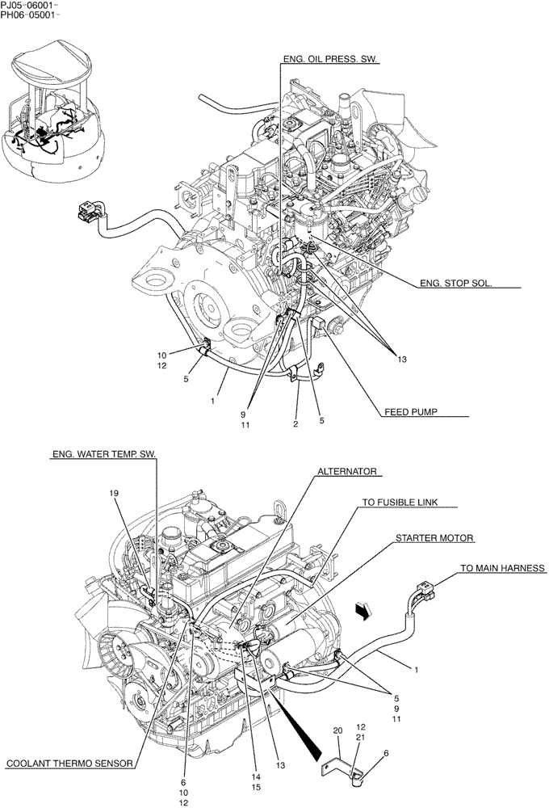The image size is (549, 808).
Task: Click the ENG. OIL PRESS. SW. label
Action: [x=330, y=59]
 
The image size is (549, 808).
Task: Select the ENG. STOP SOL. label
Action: [x=455, y=284]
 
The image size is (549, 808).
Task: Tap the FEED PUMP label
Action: [x=410, y=411]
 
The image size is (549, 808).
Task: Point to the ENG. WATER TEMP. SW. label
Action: [x=104, y=455]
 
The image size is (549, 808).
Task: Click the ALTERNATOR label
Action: [x=347, y=470]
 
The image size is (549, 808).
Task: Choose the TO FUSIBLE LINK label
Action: [x=399, y=502]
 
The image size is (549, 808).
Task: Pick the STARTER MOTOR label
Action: [x=434, y=537]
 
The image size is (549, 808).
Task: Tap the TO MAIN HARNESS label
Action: [x=503, y=568]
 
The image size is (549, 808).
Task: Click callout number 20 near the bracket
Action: [x=338, y=731]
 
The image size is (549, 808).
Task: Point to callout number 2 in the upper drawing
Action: [x=295, y=423]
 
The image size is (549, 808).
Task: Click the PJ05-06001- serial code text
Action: [x=29, y=5]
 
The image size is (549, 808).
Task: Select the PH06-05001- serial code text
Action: [x=29, y=15]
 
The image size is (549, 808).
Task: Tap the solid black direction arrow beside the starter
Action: [x=365, y=613]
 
